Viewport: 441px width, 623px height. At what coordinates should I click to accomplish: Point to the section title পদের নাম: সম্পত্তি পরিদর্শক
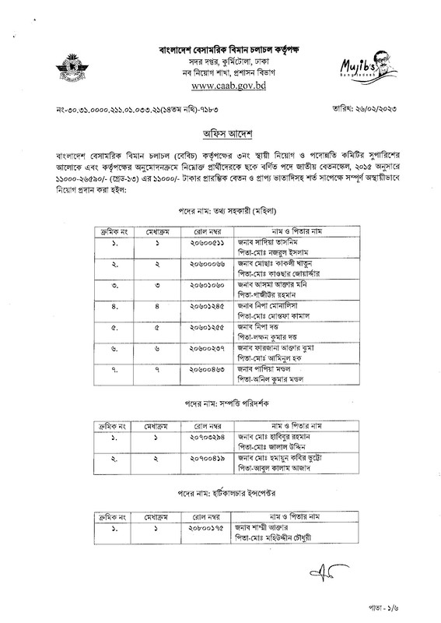coord(220,407)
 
